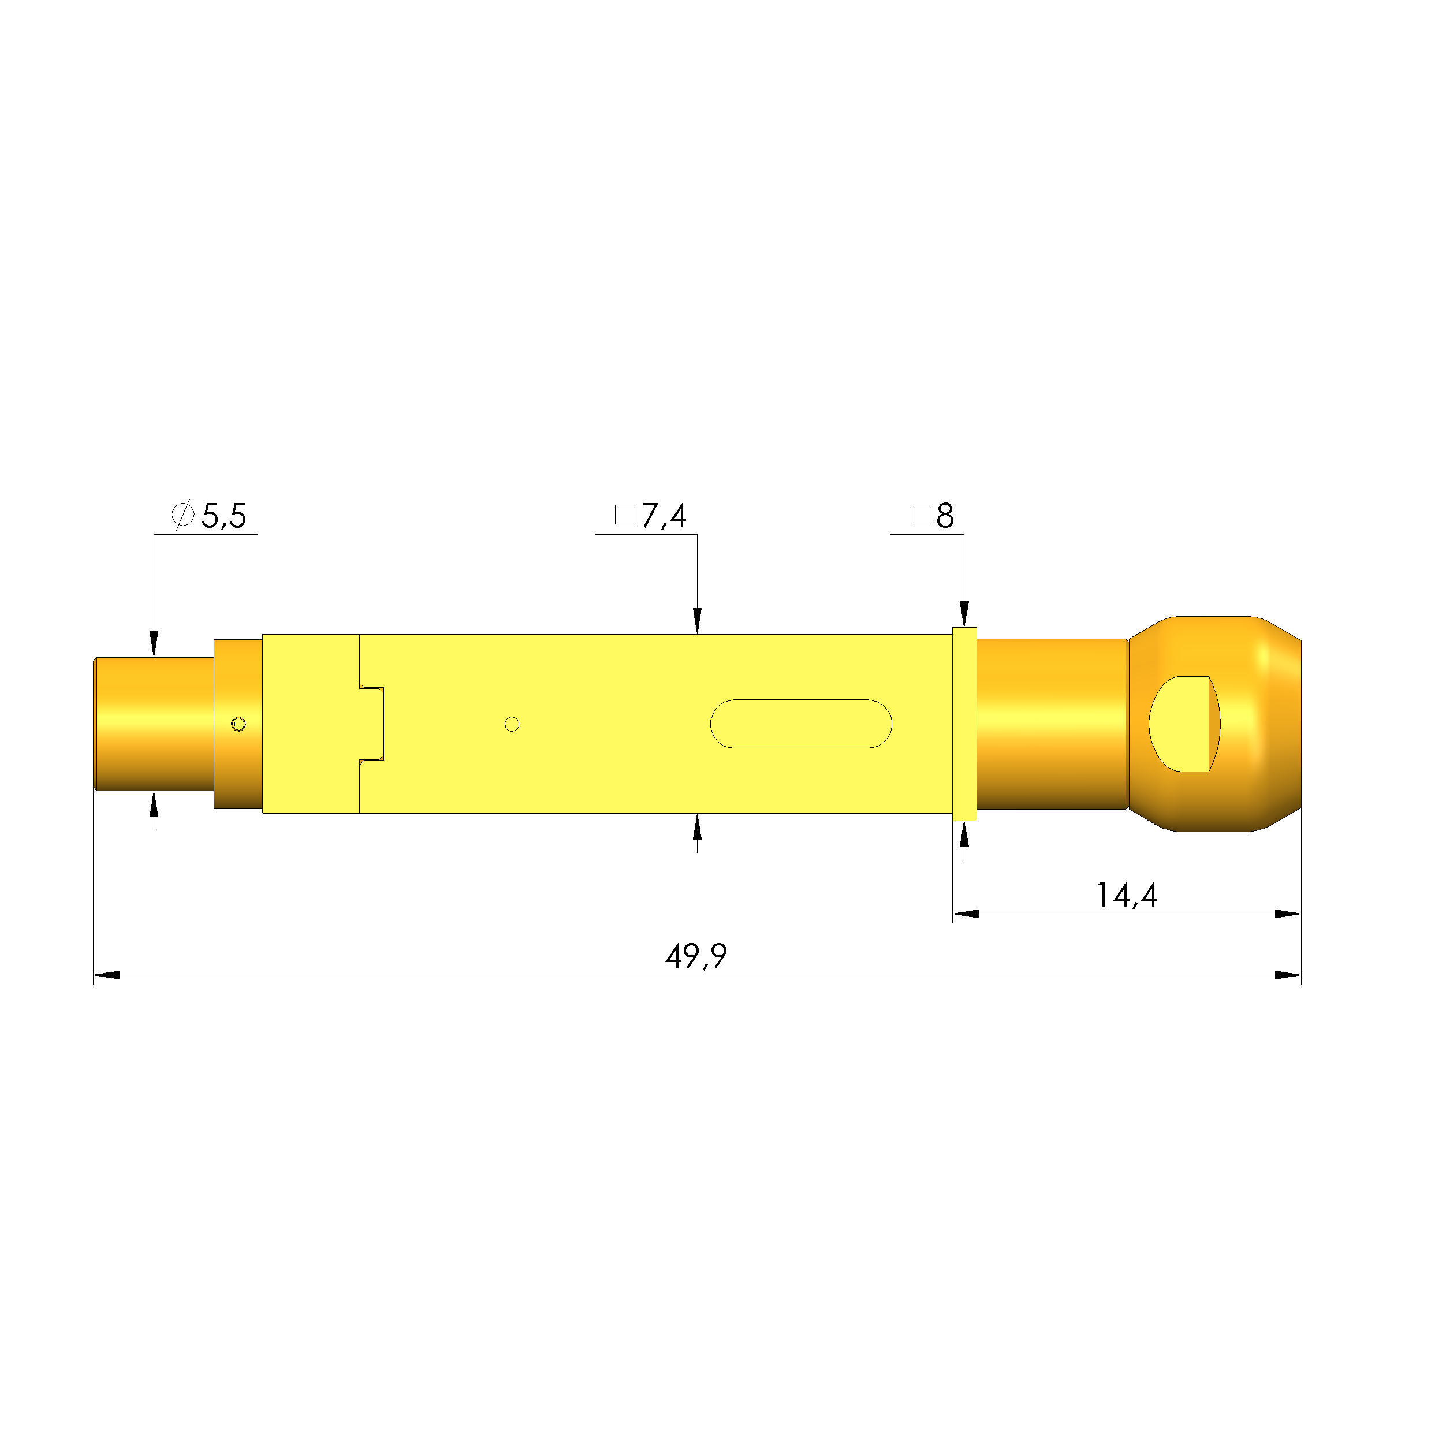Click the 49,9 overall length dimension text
[695, 956]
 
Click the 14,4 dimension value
[1127, 895]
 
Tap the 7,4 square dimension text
[664, 516]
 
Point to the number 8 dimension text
[945, 516]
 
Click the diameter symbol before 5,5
[184, 515]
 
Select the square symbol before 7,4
[625, 515]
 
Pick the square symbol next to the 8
[920, 515]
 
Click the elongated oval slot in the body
[801, 724]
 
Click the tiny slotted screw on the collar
[238, 724]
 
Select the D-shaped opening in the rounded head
[1180, 724]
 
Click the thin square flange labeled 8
[964, 724]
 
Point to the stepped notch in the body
[372, 724]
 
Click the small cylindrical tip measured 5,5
[154, 724]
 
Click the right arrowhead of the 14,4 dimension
[1287, 914]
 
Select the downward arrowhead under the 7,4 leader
[697, 620]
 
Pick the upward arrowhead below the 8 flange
[964, 834]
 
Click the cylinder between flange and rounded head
[1052, 724]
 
